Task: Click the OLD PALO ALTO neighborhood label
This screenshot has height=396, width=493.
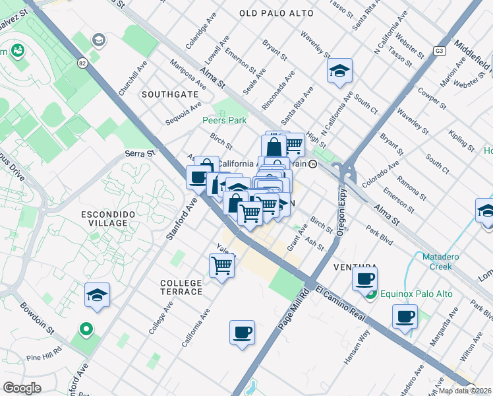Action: coord(275,13)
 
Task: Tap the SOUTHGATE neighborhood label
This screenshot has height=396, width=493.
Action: coord(170,94)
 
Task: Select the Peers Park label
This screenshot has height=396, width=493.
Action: coord(224,120)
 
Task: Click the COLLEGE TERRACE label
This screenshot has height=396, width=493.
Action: coord(181,287)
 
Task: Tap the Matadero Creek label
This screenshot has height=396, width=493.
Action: coord(432,262)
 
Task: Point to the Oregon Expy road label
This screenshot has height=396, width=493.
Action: coord(342,213)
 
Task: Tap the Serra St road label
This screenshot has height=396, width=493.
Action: coord(140,153)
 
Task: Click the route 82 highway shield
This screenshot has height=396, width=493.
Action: coord(82,63)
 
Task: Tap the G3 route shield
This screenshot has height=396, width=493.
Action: coord(440,51)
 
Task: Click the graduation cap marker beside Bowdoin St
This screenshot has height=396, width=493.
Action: coord(97,295)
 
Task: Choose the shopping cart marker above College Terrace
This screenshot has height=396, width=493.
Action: coord(222,265)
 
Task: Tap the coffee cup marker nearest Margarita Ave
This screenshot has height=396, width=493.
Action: coord(405,316)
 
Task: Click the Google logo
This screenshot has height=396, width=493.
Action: coord(22,388)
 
